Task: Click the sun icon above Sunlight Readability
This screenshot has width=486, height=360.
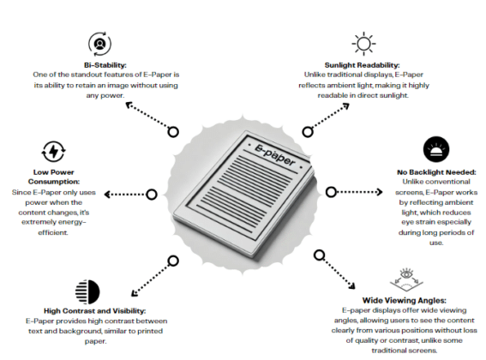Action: click(364, 43)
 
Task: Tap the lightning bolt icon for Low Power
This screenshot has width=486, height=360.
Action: click(53, 152)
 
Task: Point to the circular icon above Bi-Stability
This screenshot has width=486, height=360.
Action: click(99, 43)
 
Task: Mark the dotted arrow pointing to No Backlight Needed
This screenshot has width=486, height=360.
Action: click(363, 190)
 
